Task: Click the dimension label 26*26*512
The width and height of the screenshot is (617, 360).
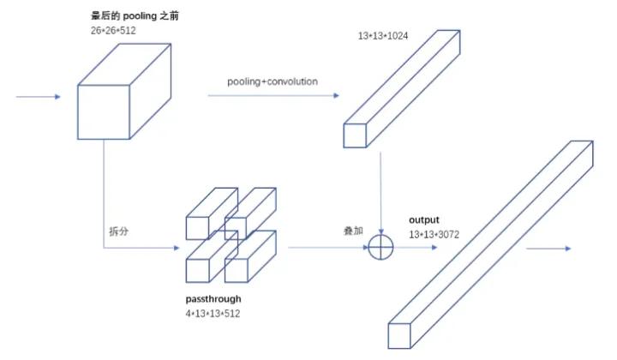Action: (x=113, y=30)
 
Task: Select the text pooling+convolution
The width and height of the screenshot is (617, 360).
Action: (x=273, y=81)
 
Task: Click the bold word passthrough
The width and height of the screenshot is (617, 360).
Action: (x=213, y=299)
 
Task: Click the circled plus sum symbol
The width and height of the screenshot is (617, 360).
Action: (x=380, y=248)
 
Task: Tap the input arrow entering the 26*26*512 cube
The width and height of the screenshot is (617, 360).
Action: (x=39, y=97)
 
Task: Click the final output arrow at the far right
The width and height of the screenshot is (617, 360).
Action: (x=548, y=249)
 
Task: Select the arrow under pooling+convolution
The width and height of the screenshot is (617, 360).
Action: (x=273, y=95)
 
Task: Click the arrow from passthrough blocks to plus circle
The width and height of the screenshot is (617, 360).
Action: (x=326, y=248)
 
